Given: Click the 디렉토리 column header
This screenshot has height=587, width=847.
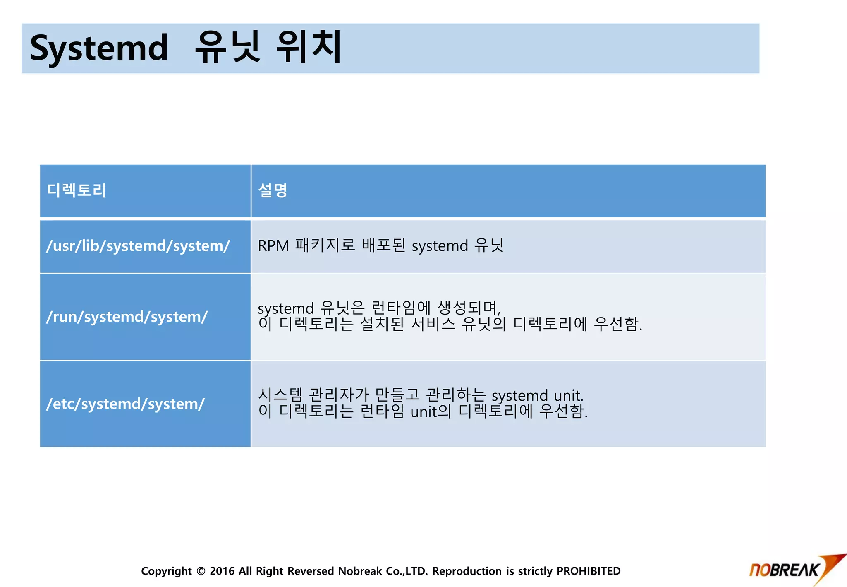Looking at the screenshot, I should point(77,190).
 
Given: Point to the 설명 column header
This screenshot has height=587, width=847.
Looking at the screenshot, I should point(273,190).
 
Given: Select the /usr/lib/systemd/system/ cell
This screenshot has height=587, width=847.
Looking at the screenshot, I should point(138,246).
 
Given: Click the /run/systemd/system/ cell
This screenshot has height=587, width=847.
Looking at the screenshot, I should point(127,317).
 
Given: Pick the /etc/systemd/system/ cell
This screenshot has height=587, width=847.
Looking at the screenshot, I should point(125,404).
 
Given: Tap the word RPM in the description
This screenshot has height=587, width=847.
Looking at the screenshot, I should point(273,246).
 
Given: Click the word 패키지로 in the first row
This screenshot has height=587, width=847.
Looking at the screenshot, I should point(325,245).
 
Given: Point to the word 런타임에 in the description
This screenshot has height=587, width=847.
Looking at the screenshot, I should point(401,308).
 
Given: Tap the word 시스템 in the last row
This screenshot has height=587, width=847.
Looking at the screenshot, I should point(280,395).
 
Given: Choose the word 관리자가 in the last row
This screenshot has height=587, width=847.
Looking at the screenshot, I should point(339,395).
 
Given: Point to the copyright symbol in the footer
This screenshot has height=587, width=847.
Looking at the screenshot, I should point(201,571).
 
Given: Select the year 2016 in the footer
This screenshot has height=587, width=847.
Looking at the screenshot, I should point(222,571).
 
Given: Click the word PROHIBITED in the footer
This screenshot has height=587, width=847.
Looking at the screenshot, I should point(588,571).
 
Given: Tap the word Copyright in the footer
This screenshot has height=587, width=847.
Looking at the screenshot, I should point(166,571).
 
